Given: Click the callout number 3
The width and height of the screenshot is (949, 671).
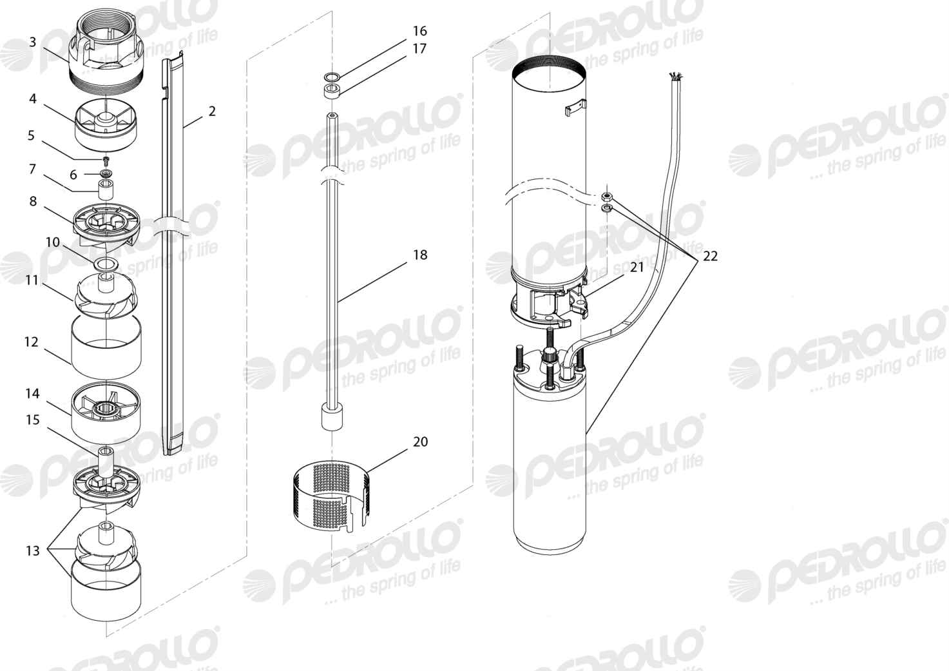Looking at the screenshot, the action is (33, 43).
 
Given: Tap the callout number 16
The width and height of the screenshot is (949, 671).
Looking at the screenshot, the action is (420, 31).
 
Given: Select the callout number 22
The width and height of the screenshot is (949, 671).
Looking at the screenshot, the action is (710, 256).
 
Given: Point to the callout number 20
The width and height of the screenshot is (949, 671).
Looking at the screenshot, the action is (420, 442).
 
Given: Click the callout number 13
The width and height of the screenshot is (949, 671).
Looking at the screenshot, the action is (33, 550).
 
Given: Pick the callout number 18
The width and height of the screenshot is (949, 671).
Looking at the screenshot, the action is (420, 255).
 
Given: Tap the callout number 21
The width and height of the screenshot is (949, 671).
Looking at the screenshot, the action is (637, 267).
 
